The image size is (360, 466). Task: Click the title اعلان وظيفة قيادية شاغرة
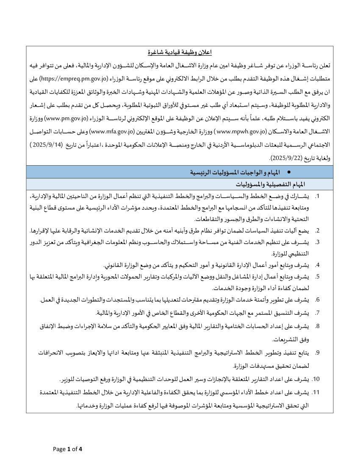click(x=180, y=52)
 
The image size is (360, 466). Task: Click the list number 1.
click(x=318, y=197)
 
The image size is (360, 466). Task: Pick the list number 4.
click(x=318, y=265)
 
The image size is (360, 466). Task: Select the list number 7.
click(x=318, y=313)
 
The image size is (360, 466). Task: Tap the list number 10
click(x=316, y=378)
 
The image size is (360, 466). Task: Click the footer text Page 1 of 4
click(x=68, y=449)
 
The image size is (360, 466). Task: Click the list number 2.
click(x=318, y=231)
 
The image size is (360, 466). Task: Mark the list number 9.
click(x=318, y=352)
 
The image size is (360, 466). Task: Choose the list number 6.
click(x=318, y=300)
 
